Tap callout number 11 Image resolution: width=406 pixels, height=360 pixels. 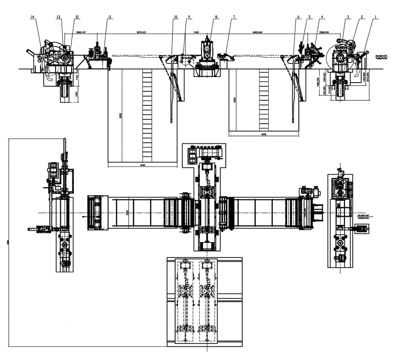click(109, 17)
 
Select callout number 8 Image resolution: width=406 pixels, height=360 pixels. click(216, 17)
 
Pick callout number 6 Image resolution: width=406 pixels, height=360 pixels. click(299, 17)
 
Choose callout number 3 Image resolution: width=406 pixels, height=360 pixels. click(348, 17)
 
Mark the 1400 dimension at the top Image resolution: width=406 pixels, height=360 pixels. click(196, 33)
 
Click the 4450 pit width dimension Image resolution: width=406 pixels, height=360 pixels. click(143, 165)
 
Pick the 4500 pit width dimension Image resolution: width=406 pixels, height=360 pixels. click(263, 135)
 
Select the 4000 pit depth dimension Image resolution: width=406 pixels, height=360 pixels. click(234, 100)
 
